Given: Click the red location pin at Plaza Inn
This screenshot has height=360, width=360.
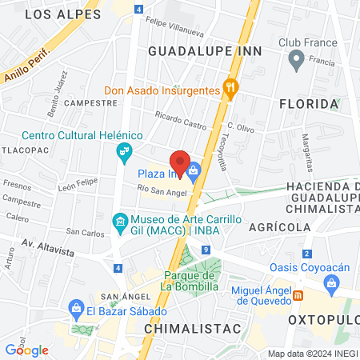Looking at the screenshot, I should [x=181, y=163].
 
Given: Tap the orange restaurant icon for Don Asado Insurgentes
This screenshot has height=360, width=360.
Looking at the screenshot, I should [x=231, y=90].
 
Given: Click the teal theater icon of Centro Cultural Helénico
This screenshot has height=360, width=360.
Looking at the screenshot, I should [x=124, y=151].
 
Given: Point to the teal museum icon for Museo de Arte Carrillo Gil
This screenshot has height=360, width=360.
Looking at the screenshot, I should [x=119, y=220].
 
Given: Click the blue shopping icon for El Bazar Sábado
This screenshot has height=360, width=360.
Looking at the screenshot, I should [x=77, y=307].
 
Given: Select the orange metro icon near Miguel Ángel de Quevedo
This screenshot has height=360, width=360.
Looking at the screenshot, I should [x=298, y=294].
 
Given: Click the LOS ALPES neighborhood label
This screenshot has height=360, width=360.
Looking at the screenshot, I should [x=63, y=14].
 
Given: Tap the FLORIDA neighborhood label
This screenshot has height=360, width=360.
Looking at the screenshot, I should [x=308, y=104].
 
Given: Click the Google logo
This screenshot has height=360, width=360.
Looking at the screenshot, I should [x=26, y=350].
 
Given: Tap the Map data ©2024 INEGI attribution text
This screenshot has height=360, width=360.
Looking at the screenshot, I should [x=312, y=354].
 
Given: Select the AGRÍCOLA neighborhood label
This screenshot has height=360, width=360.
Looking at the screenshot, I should [x=279, y=227].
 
